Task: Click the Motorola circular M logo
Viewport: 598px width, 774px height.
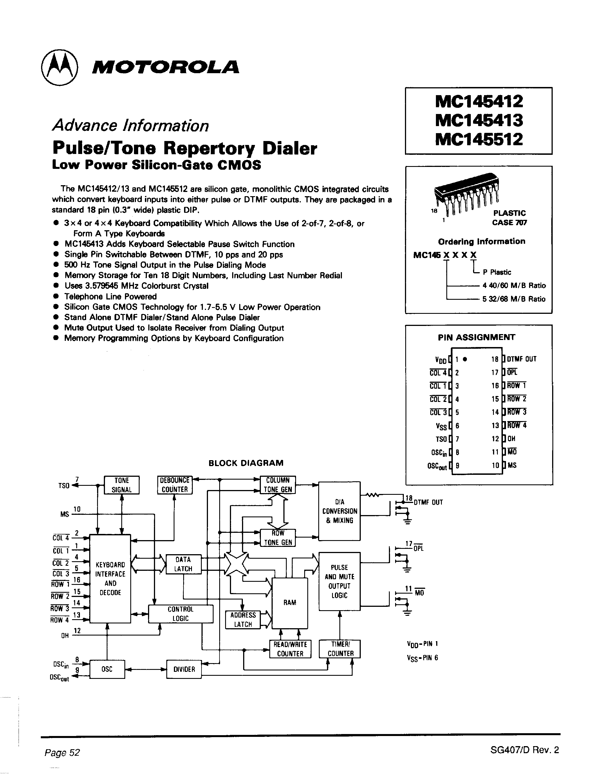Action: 59,68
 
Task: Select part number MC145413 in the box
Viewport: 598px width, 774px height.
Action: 479,120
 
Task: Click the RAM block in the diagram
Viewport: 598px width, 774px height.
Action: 290,603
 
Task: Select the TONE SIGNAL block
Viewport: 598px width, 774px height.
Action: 122,485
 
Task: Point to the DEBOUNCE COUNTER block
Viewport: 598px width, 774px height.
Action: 175,485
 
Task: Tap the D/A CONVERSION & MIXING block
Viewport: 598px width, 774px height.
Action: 339,511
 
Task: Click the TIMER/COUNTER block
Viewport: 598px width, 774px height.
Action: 340,649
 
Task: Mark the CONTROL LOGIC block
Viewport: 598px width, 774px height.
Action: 181,614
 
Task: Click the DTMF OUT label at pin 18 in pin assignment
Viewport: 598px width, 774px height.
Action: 521,359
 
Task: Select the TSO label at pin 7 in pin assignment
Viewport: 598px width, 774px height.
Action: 441,439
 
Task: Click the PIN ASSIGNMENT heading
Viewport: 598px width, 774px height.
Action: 476,337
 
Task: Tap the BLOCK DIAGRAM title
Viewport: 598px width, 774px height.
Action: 246,463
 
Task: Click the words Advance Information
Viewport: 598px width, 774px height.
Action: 130,126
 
